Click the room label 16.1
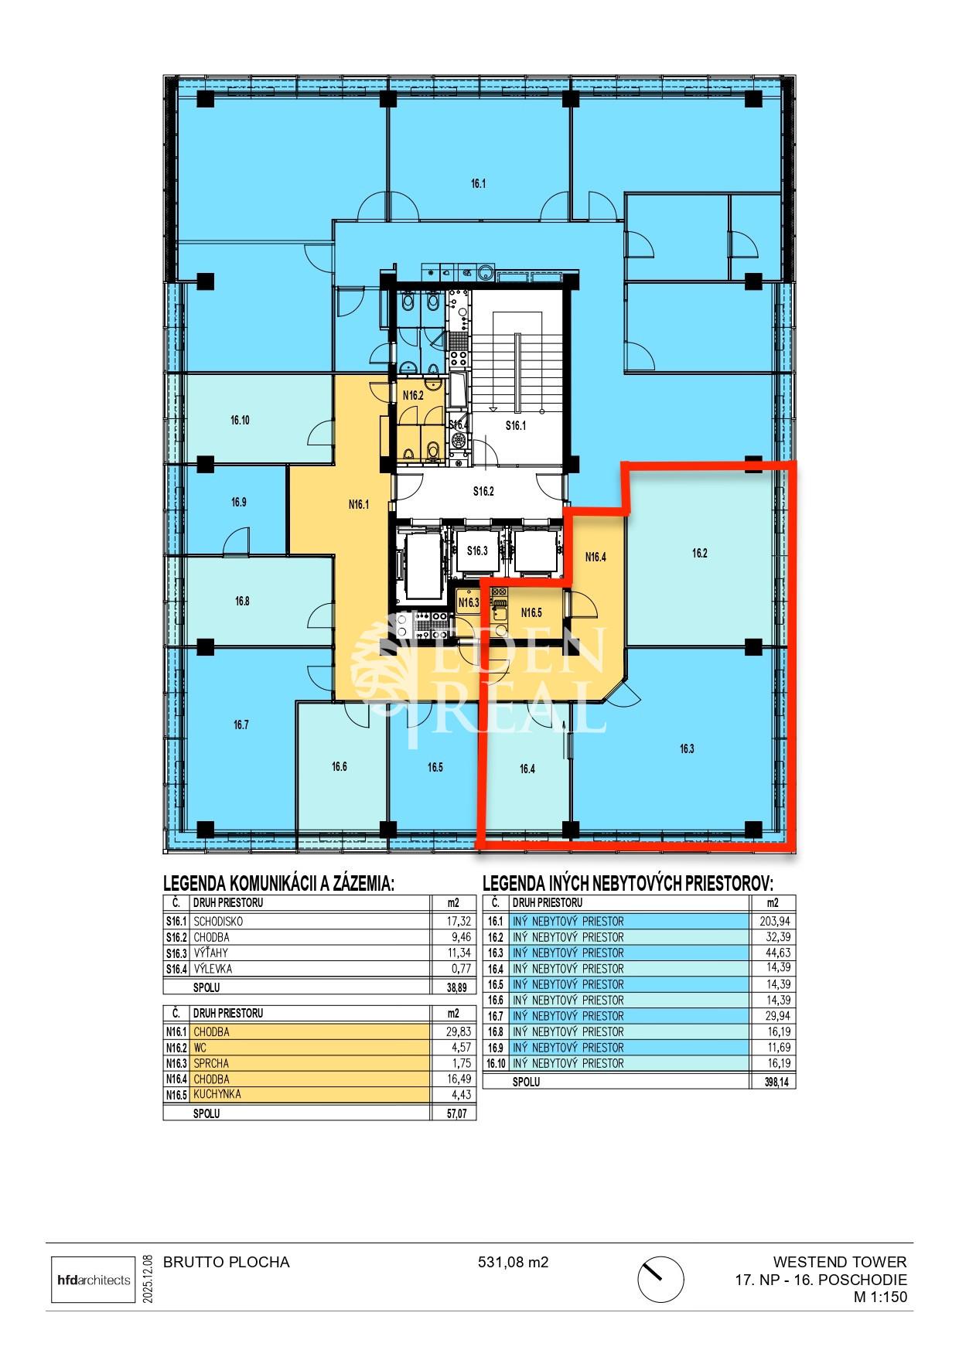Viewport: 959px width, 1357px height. [x=478, y=184]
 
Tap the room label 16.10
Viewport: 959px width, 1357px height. [x=240, y=421]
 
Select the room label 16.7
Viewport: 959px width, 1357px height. [x=241, y=725]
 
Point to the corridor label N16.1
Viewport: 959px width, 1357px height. [x=359, y=505]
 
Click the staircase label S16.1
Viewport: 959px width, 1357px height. [x=516, y=425]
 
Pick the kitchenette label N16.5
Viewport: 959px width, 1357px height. [x=531, y=613]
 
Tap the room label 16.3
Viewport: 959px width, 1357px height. [x=687, y=748]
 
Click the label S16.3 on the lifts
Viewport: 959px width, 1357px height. [x=477, y=551]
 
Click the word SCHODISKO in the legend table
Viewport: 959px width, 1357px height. [x=218, y=922]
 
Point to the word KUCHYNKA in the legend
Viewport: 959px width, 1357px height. [x=217, y=1095]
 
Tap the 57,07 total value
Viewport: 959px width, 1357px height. [x=459, y=1114]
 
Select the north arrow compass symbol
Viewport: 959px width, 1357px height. [x=660, y=1280]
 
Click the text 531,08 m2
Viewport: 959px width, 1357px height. [x=513, y=1263]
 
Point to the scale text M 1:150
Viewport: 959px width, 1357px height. [x=880, y=1297]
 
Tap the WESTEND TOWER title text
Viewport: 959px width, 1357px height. [x=839, y=1263]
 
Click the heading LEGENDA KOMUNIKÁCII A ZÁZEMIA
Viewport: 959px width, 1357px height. [x=278, y=884]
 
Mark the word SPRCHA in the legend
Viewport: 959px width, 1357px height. [x=211, y=1063]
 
